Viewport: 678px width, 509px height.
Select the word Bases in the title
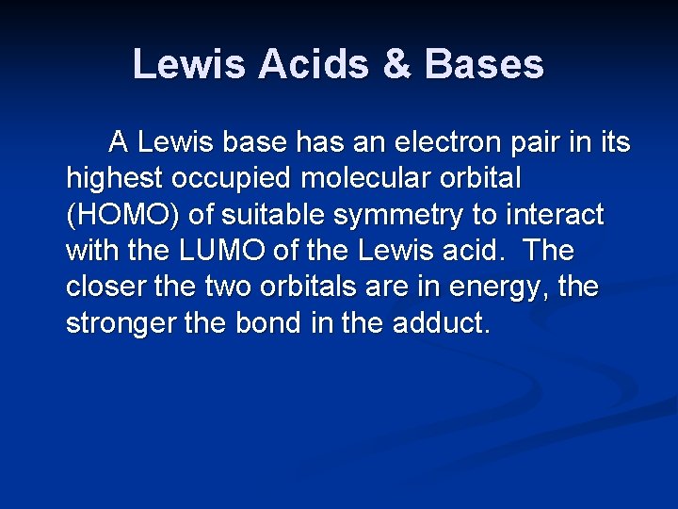click(x=484, y=64)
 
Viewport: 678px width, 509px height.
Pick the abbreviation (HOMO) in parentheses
click(x=121, y=216)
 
